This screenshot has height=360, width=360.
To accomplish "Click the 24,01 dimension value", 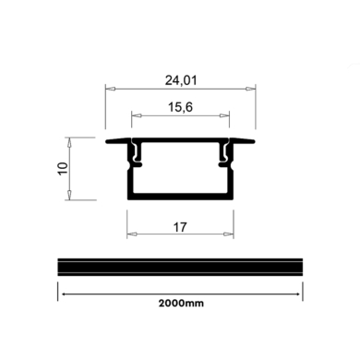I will (x=181, y=79).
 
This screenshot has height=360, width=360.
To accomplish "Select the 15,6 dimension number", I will (x=181, y=107).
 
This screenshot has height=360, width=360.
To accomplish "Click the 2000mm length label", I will (x=180, y=303).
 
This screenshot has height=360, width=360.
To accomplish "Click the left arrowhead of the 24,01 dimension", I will (x=108, y=89).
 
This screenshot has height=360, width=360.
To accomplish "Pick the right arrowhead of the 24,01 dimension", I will (x=254, y=89).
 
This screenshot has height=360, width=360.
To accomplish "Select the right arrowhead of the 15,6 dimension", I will (x=228, y=116).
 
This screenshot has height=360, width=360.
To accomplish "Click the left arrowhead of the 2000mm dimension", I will (x=62, y=294).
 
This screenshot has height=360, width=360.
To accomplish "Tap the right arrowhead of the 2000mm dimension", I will (x=299, y=294).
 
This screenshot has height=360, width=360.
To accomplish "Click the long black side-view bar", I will (x=180, y=265).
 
